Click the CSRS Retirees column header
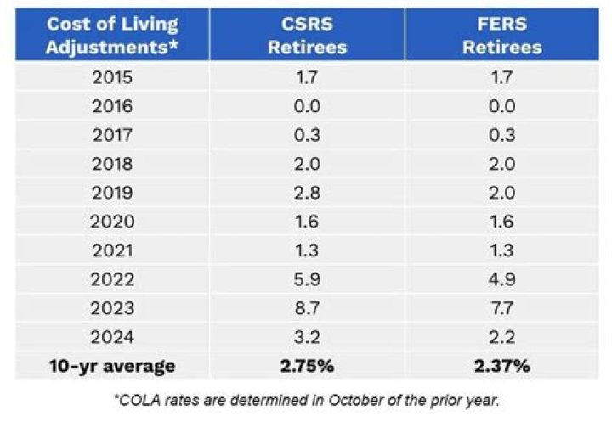pos(307,35)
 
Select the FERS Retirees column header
pos(501,35)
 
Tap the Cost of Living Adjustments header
pos(112,35)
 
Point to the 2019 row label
pos(112,192)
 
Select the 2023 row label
pos(112,308)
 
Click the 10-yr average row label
pos(112,367)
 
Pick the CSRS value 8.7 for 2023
pos(307,308)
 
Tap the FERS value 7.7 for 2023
pos(501,308)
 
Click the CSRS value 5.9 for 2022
pos(307,279)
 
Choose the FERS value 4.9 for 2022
pos(501,279)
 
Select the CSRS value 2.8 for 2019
pos(307,192)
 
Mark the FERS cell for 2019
pos(501,192)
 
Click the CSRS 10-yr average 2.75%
pos(307,367)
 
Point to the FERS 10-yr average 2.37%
pos(501,367)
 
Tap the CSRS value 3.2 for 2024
pos(307,338)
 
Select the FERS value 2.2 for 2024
pos(501,338)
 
